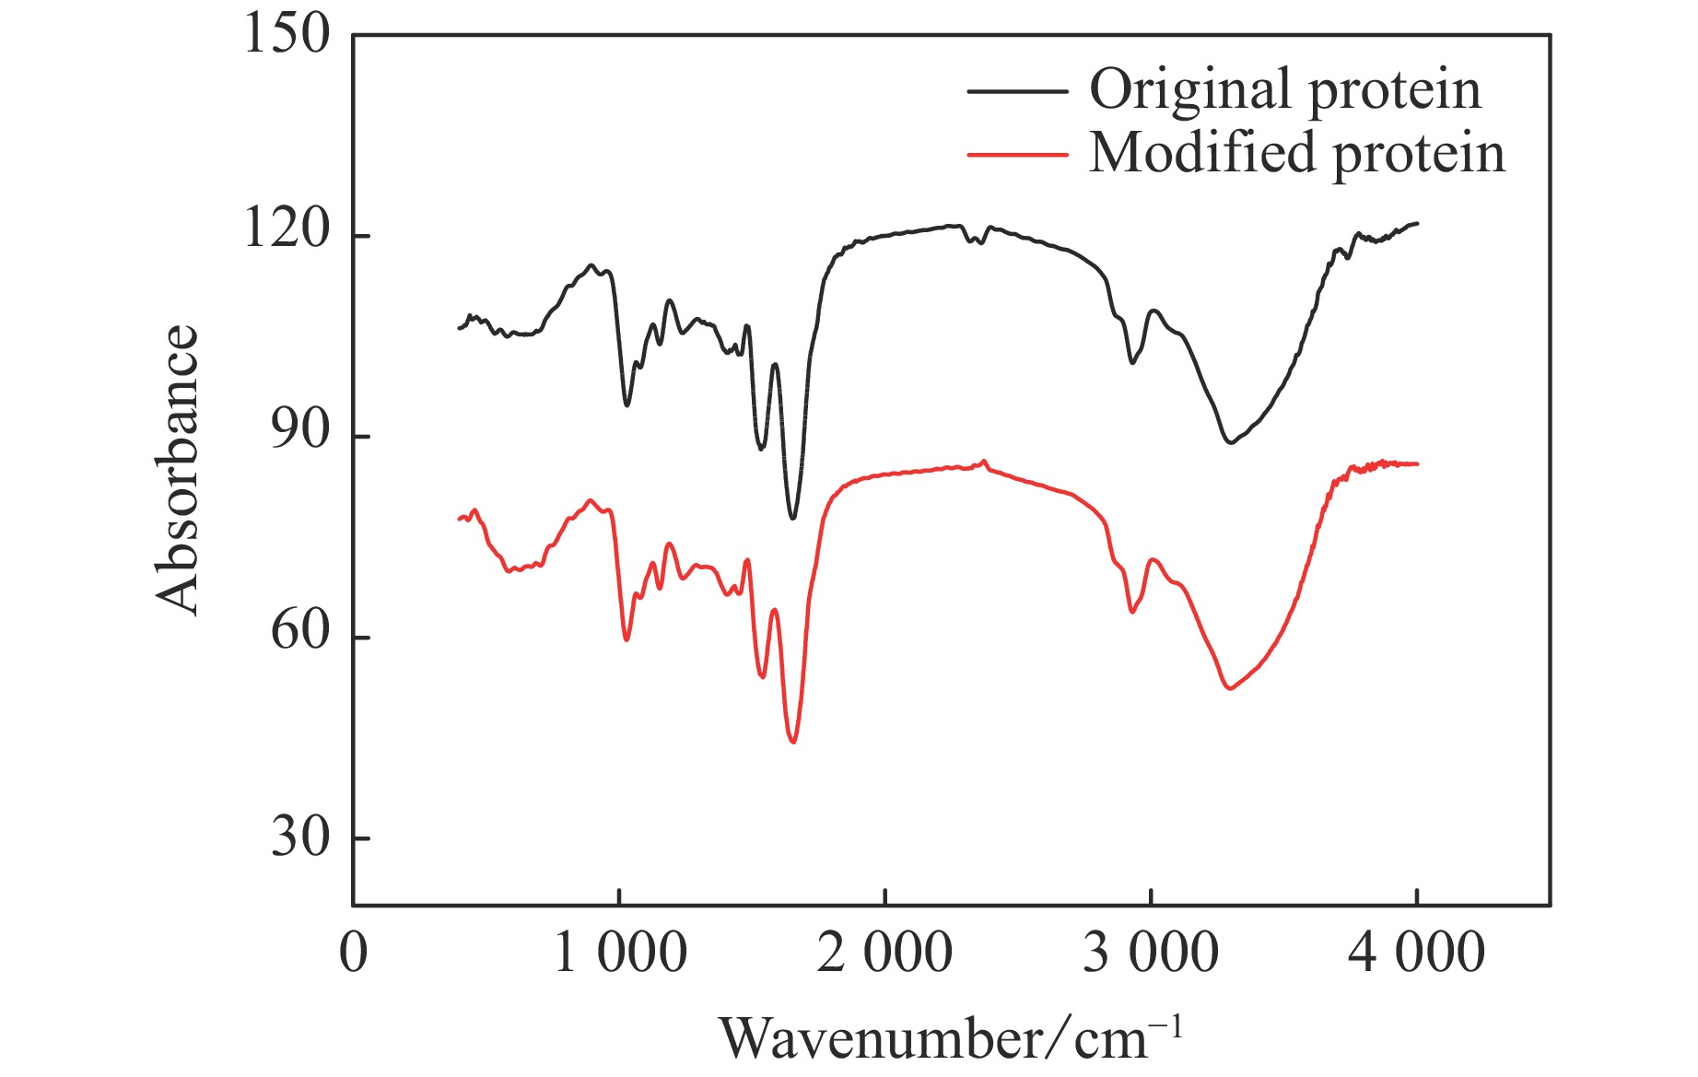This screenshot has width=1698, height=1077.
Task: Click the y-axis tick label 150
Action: tap(286, 36)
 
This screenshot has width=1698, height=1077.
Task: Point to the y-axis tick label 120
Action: tap(286, 230)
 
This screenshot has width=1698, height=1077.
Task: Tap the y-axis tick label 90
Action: tap(299, 431)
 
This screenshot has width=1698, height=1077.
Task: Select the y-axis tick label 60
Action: tap(299, 633)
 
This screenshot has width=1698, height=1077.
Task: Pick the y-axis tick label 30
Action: tap(299, 837)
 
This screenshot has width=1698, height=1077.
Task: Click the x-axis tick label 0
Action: tap(354, 954)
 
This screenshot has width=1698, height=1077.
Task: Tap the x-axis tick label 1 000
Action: tap(619, 954)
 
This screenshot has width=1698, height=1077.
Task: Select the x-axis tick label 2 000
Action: tap(884, 954)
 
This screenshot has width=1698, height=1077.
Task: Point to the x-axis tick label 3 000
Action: tap(1151, 954)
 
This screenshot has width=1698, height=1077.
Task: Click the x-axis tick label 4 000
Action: tap(1416, 954)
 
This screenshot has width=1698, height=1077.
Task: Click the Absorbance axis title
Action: tap(177, 470)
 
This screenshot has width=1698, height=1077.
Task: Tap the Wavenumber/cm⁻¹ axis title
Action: tap(949, 1039)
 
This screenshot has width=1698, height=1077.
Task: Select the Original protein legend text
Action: tap(1285, 90)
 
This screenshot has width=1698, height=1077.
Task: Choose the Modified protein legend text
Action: tap(1297, 153)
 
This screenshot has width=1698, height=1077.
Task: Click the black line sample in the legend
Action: tap(1017, 91)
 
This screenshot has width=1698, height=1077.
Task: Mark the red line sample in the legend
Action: tap(1017, 154)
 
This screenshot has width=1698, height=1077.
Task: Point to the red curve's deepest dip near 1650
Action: tap(793, 742)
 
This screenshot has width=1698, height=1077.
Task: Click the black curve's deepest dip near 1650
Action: tap(793, 518)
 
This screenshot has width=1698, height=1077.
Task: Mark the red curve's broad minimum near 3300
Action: tap(1229, 688)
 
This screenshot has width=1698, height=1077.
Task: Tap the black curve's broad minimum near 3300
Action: tap(1230, 442)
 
